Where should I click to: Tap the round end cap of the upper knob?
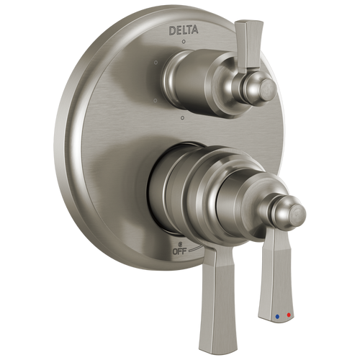[267, 89]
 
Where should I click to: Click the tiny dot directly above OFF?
[177, 244]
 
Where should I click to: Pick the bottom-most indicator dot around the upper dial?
[183, 117]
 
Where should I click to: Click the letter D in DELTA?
[171, 30]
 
